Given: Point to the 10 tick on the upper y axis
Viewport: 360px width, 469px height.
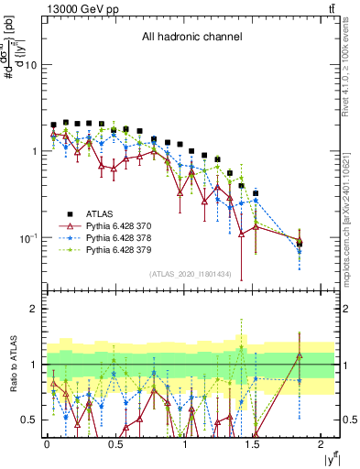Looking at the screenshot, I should tap(31, 66).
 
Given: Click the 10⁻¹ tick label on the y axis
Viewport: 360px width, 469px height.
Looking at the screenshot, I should tap(27, 238).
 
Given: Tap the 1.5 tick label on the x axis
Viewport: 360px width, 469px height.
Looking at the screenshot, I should tap(253, 444).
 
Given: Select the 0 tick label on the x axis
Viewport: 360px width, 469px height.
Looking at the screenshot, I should tap(47, 444).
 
